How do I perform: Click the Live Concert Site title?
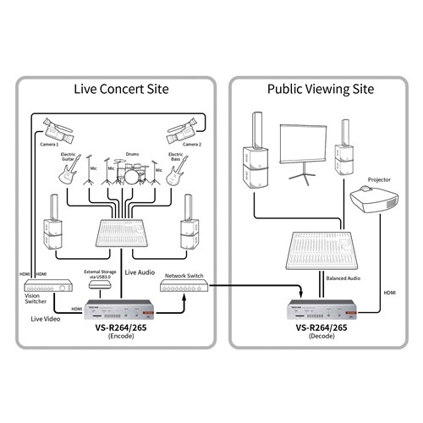click(x=121, y=89)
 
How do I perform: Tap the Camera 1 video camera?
click(x=57, y=131)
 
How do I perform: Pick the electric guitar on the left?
click(x=69, y=173)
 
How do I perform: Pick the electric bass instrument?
click(x=175, y=173)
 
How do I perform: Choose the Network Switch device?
click(x=181, y=288)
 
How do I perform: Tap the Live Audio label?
click(x=140, y=272)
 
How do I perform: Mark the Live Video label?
click(x=45, y=319)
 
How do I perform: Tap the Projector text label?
click(x=378, y=179)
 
